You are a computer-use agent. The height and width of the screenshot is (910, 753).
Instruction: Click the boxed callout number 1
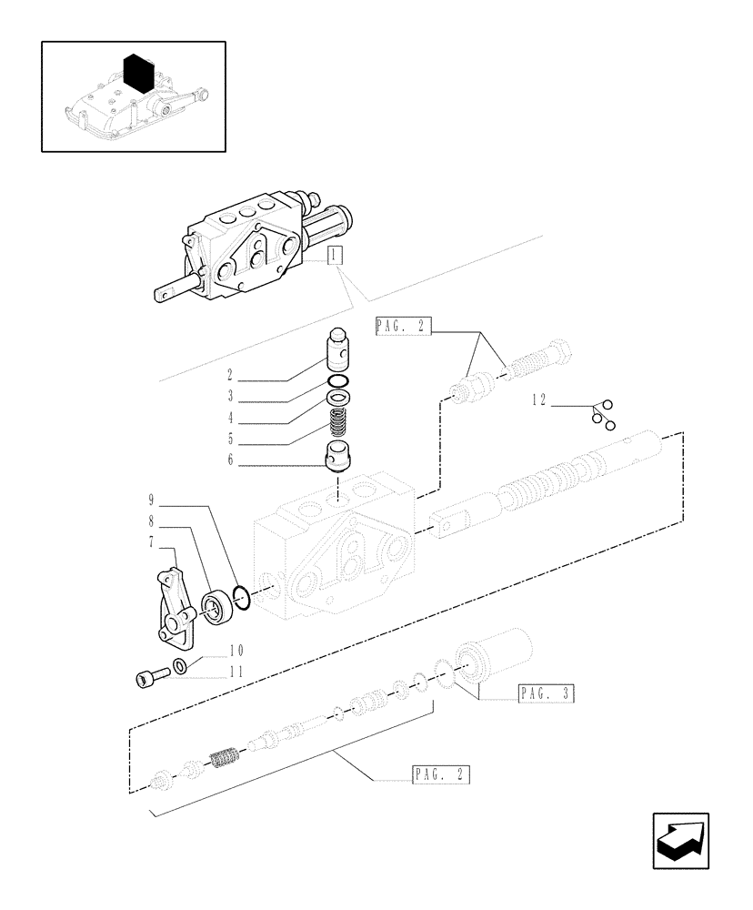tap(335, 257)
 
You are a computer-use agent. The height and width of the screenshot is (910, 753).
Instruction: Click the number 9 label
tap(152, 500)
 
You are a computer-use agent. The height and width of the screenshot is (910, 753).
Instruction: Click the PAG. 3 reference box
tap(546, 695)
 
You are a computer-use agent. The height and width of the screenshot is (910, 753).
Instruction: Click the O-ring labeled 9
tap(242, 596)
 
